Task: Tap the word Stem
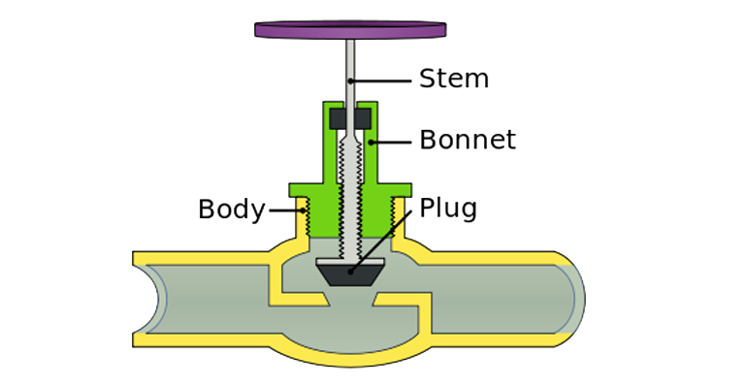point(453,78)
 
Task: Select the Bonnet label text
point(468,140)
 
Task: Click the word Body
point(231,210)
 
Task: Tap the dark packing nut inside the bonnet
point(349,119)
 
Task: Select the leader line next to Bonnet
point(393,142)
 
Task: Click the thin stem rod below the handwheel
point(349,68)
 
